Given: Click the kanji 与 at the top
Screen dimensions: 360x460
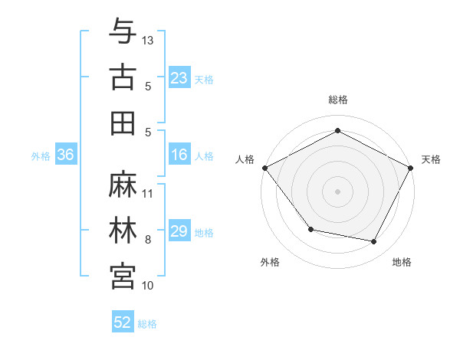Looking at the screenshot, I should pos(123,31).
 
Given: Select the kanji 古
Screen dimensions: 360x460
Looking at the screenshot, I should pos(123,77).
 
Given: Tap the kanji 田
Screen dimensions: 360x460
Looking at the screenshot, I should pos(123,123).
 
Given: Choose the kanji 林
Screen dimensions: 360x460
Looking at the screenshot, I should pos(123,231).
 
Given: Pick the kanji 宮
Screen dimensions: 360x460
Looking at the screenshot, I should pos(123,277).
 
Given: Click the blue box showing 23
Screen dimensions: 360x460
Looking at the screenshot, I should pos(179,78).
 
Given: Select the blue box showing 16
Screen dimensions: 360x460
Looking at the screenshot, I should pos(179,155).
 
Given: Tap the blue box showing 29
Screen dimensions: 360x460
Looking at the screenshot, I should pos(179,232).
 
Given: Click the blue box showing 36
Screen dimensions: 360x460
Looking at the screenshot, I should pos(66,155).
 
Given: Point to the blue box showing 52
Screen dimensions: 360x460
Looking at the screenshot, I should pos(123,323).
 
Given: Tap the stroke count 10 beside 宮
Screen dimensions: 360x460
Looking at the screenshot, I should pos(149,285).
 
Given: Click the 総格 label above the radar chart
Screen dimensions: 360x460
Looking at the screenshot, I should pos(338,100).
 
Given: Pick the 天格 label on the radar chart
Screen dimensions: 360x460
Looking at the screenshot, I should pos(431,159).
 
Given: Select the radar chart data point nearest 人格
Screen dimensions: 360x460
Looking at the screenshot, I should pos(264,167).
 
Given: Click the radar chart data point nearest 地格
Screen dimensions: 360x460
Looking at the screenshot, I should pos(374,241).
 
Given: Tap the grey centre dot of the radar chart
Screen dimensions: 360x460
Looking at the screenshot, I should pos(338,191).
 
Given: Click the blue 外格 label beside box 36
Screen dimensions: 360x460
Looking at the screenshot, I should pos(41,156).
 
